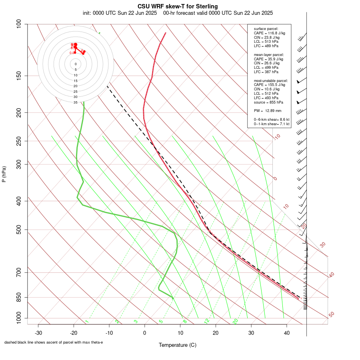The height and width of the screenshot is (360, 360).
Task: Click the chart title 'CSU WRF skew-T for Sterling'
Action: (178, 6)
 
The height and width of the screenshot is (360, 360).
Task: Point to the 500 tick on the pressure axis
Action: (19, 230)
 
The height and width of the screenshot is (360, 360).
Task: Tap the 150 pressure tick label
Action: (19, 76)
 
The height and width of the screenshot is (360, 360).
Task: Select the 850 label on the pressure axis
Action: (19, 297)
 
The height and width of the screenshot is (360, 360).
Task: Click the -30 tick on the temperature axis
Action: (38, 333)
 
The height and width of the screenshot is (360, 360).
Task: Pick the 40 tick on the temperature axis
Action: (286, 333)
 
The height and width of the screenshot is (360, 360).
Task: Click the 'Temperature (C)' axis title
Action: (178, 345)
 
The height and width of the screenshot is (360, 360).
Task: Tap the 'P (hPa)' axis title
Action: (4, 174)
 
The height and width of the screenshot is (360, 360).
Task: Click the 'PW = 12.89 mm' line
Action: (268, 110)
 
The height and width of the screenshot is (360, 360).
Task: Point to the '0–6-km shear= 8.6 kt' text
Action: (272, 120)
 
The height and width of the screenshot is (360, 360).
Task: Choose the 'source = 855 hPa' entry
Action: (269, 102)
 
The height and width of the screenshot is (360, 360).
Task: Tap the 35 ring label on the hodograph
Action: (76, 102)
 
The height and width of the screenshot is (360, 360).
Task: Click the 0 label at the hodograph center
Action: (76, 64)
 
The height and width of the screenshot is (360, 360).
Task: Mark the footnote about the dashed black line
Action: (54, 342)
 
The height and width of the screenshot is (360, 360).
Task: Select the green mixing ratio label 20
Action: (236, 321)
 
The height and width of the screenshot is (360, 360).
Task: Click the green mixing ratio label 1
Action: (87, 322)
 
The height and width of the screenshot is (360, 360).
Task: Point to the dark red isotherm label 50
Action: (332, 315)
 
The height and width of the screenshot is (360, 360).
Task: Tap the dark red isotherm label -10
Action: (277, 137)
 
